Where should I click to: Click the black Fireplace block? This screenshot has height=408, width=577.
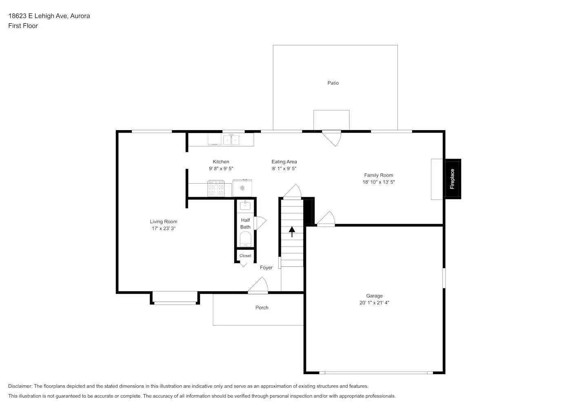pos(452,179)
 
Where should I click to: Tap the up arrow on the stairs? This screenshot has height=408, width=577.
pos(292,232)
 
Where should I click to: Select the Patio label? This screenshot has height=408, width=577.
pos(333,83)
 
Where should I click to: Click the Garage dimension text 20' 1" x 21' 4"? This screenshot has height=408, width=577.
pos(374,303)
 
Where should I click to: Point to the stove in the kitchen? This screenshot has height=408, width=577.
pos(216,188)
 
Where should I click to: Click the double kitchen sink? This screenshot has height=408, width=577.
pos(231,140)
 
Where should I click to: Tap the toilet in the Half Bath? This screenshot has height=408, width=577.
pos(245,239)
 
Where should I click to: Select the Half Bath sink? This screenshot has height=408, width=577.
pos(245,205)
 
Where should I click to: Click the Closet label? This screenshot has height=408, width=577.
pos(245,256)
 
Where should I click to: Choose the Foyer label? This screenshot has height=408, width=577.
pos(266,268)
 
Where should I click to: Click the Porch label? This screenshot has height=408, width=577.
pos(262,308)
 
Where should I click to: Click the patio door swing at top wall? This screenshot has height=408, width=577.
pos(332,137)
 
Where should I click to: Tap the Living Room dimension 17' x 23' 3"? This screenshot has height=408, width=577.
pos(164,228)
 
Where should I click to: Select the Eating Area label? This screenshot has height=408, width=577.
pos(284,162)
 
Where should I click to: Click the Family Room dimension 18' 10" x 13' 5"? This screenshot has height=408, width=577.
pos(379,182)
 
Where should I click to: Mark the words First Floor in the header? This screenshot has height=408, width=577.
pos(23,26)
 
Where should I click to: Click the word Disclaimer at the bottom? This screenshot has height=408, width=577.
pos(20,386)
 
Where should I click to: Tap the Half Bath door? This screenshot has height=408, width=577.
pos(259,223)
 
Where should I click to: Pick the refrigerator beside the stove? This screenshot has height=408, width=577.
pos(242,188)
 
